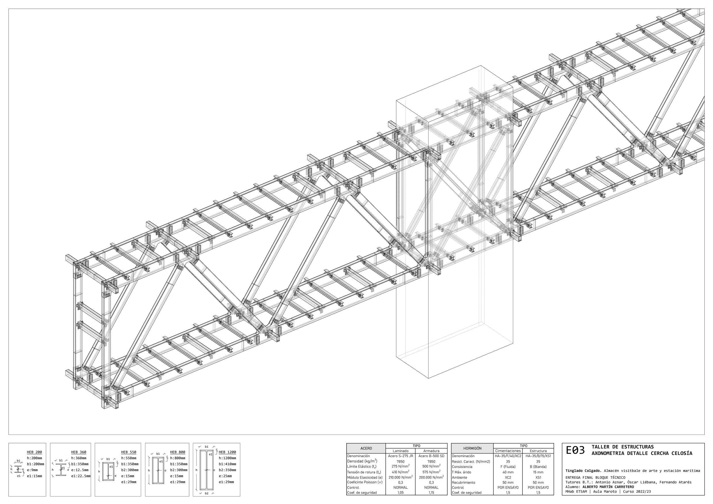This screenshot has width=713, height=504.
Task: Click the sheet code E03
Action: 575,450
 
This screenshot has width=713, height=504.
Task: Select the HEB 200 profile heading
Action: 34,452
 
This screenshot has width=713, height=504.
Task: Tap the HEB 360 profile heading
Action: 78,452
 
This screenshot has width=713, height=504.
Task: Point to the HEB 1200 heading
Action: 227,452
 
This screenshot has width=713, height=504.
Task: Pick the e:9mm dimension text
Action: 32,470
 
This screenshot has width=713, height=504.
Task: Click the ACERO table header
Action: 366,449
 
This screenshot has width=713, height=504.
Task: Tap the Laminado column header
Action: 401,451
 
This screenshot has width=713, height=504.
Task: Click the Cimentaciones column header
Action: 508,451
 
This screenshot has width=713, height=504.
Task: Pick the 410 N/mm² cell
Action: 401,472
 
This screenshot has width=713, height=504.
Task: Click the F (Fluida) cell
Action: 508,467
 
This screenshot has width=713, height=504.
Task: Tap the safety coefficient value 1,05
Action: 401,493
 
